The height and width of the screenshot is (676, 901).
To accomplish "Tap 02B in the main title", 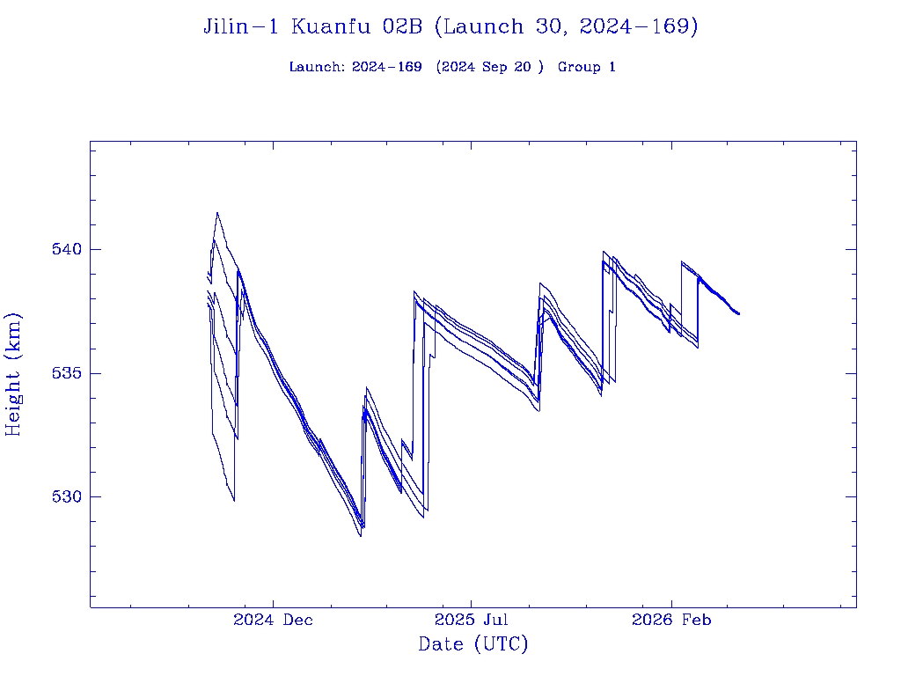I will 403,27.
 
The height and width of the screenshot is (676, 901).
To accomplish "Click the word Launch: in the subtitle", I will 317,68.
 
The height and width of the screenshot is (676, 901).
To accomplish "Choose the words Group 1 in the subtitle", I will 586,68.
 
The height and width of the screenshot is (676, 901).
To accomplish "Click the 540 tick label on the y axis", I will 67,249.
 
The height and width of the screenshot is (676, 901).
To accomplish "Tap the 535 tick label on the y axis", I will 67,373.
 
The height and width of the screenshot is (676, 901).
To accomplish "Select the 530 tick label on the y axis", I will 67,496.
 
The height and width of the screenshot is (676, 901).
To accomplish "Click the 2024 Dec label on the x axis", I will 273,621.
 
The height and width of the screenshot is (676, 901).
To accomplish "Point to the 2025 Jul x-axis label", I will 472,621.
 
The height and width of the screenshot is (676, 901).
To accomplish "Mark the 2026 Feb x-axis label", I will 671,621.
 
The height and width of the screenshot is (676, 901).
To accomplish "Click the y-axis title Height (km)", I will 14,374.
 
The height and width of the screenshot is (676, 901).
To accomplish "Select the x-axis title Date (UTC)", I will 472,645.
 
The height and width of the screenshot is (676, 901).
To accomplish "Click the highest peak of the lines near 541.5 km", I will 217,212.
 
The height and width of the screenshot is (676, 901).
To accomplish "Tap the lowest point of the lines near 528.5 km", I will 360,536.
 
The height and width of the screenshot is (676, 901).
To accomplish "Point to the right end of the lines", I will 739,314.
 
